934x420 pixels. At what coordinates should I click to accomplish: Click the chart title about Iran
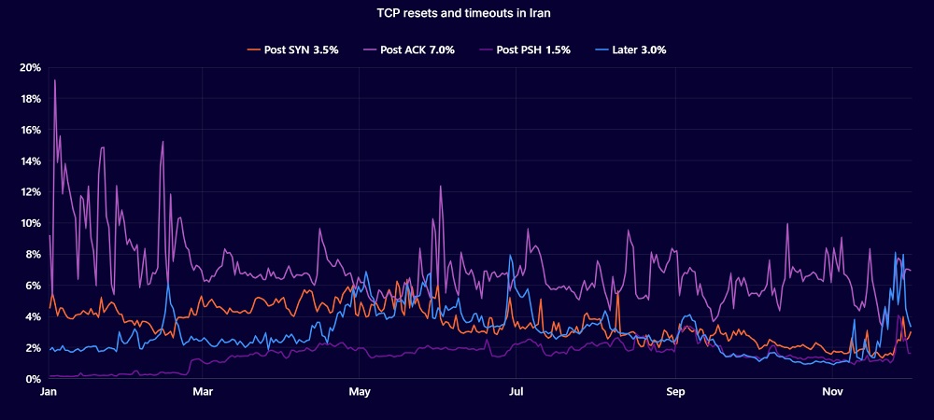pyautogui.click(x=466, y=14)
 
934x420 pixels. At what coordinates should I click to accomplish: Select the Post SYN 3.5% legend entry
pyautogui.click(x=291, y=49)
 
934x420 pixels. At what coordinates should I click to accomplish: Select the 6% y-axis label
pyautogui.click(x=32, y=286)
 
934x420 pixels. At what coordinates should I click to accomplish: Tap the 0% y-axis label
pyautogui.click(x=32, y=379)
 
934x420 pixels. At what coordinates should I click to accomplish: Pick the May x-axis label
pyautogui.click(x=359, y=394)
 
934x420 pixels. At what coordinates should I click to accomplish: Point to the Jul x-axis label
pyautogui.click(x=515, y=394)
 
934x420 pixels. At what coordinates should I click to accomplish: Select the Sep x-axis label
pyautogui.click(x=674, y=394)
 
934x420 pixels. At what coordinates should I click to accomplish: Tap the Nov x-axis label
pyautogui.click(x=831, y=394)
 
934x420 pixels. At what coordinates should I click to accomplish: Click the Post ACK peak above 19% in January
pyautogui.click(x=55, y=80)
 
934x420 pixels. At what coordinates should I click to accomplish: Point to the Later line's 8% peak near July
pyautogui.click(x=510, y=255)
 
